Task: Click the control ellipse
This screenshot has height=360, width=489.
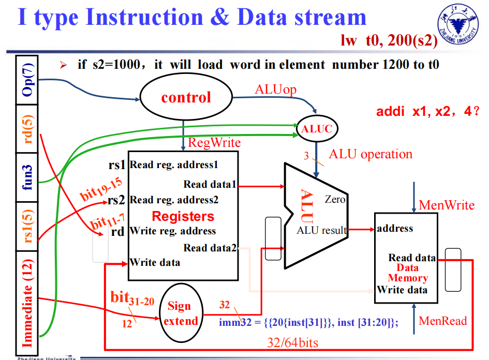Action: pyautogui.click(x=186, y=97)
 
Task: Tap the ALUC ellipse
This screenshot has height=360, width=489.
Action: pyautogui.click(x=317, y=128)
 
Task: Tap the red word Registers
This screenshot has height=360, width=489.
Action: pyautogui.click(x=183, y=216)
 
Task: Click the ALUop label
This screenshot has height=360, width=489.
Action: pyautogui.click(x=275, y=89)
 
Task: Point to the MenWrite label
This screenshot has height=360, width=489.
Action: pyautogui.click(x=446, y=205)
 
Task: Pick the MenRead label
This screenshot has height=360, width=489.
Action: pyautogui.click(x=442, y=321)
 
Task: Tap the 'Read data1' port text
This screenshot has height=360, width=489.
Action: pyautogui.click(x=210, y=185)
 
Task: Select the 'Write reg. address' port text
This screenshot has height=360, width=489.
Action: pyautogui.click(x=173, y=231)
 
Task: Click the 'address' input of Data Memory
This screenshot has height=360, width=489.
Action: pyautogui.click(x=395, y=228)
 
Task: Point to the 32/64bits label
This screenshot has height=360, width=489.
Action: pyautogui.click(x=292, y=342)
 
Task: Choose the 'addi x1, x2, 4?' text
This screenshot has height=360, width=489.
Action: pyautogui.click(x=427, y=111)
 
